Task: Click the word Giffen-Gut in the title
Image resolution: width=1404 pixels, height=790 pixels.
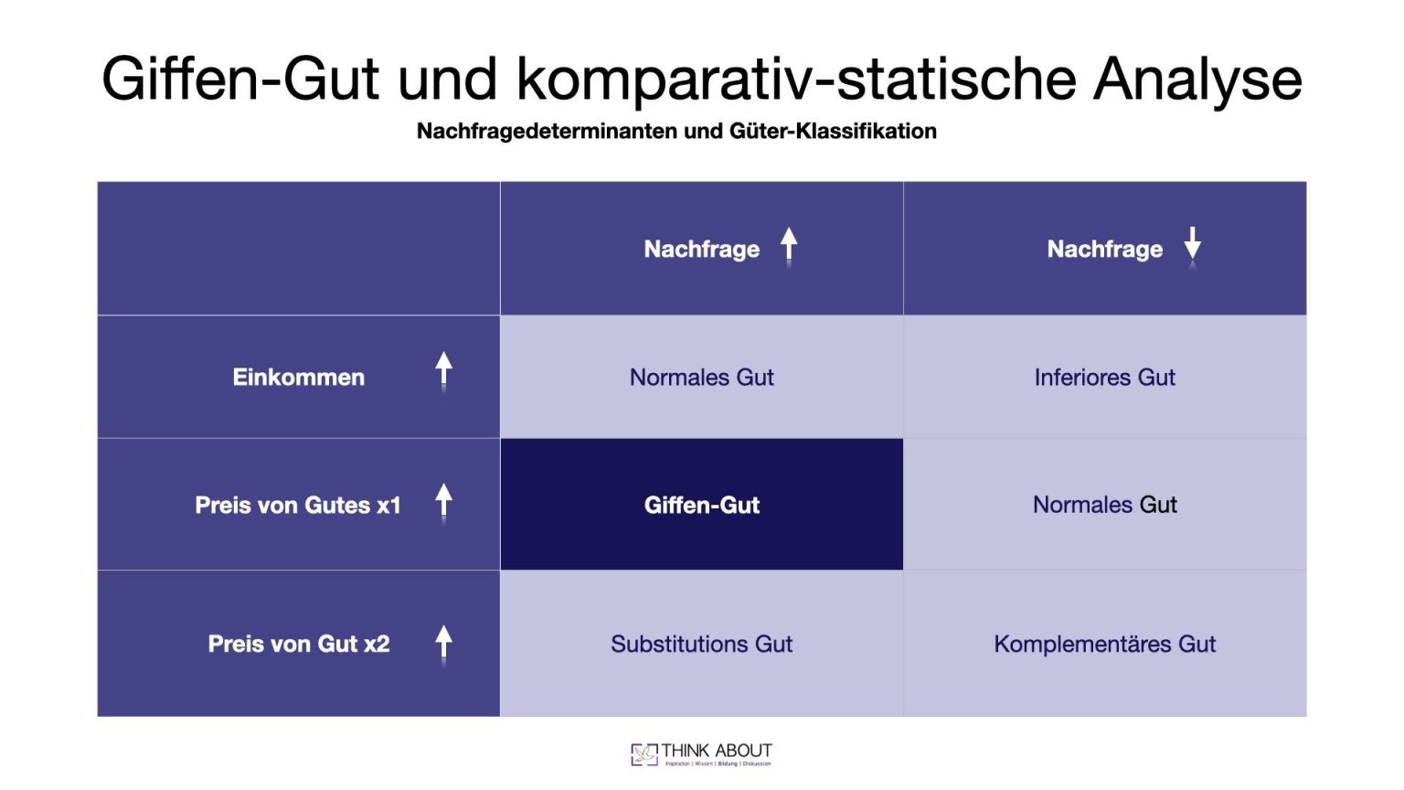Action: (239, 79)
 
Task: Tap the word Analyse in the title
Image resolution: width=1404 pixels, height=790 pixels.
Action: (1197, 79)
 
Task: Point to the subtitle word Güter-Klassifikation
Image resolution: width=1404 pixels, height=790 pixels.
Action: (833, 131)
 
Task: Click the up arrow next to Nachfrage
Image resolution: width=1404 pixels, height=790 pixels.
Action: (789, 247)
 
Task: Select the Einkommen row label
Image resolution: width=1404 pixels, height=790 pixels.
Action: (298, 377)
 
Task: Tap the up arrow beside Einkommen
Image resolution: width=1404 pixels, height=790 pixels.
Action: (443, 371)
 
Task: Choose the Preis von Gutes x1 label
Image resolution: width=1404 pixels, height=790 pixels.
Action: (298, 505)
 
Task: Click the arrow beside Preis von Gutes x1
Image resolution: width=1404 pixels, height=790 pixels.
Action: (443, 502)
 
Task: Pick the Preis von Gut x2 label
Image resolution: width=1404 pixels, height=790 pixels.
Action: (298, 644)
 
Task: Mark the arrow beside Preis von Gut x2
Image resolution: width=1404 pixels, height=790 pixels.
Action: (443, 644)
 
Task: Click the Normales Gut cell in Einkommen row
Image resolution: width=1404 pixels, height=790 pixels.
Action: (701, 377)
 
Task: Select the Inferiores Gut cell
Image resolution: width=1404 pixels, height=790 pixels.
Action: (1104, 377)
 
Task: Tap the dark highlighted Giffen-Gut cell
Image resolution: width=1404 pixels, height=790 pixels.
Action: (701, 505)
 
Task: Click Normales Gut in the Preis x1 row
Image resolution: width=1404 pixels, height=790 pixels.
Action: (1104, 505)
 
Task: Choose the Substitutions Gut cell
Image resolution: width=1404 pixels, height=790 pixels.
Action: (701, 644)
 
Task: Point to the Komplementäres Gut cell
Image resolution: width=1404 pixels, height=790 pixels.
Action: (1104, 644)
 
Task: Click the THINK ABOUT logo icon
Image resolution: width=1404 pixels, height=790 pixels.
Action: (643, 753)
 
